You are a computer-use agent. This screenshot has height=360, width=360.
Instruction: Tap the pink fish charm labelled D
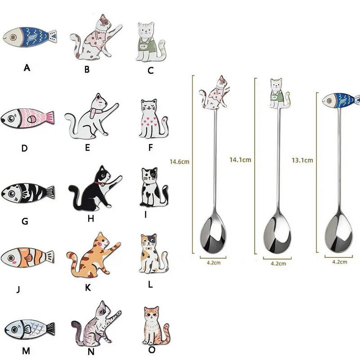pyautogui.click(x=27, y=118)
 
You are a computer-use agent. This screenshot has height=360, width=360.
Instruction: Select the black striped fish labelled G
pyautogui.click(x=28, y=193)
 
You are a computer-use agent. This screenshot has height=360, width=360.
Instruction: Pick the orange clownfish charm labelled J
pyautogui.click(x=27, y=257)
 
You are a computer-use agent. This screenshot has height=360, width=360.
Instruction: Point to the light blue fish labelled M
pyautogui.click(x=30, y=329)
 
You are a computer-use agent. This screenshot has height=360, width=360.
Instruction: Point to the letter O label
pyautogui.click(x=152, y=350)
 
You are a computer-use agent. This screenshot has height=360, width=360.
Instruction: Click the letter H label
pyautogui.click(x=91, y=218)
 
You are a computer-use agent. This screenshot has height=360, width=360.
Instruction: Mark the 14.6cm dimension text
pyautogui.click(x=179, y=162)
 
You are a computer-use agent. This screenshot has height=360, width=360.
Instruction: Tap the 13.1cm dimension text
pyautogui.click(x=302, y=160)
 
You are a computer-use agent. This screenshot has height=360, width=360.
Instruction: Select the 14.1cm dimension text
pyautogui.click(x=240, y=160)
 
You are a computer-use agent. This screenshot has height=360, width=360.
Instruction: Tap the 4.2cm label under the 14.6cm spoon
pyautogui.click(x=213, y=262)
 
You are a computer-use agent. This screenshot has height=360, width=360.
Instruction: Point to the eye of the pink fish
pyautogui.click(x=11, y=118)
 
